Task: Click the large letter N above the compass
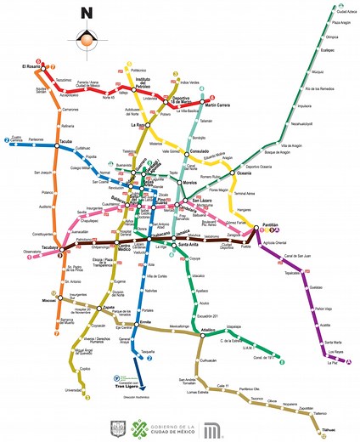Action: (x=86, y=13)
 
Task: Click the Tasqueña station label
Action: (x=149, y=350)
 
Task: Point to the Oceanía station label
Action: (x=244, y=173)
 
